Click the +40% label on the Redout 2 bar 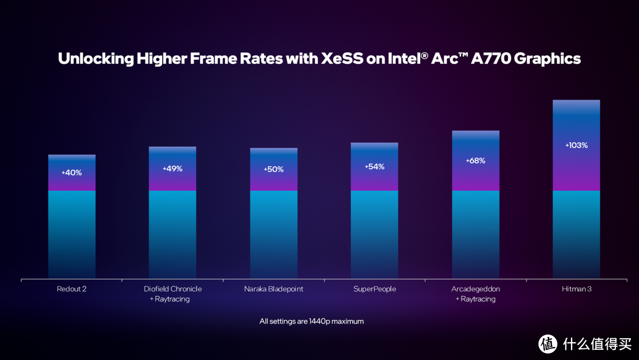[x=72, y=173]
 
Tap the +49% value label [x=172, y=169]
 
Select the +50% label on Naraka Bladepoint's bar [x=273, y=169]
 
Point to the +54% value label [x=375, y=167]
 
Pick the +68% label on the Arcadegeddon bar [x=476, y=161]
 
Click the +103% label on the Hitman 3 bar [x=576, y=145]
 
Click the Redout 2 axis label [x=72, y=289]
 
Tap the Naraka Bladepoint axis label [x=273, y=289]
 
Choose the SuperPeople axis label [x=375, y=289]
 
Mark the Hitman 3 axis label [x=576, y=289]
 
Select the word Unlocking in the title [x=95, y=59]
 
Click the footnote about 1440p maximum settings [x=311, y=322]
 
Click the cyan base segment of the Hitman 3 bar [x=576, y=234]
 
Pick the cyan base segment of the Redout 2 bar [x=72, y=234]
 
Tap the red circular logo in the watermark [x=548, y=343]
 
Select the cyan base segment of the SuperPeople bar [x=375, y=234]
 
